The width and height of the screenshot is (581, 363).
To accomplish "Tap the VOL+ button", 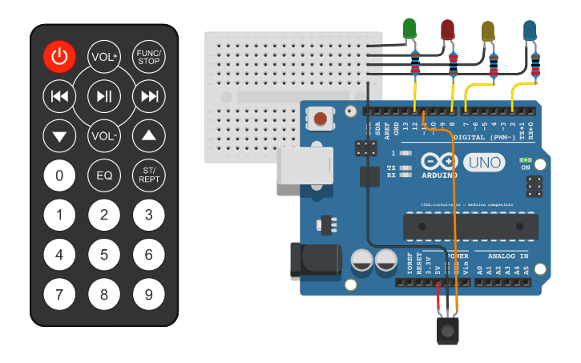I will coord(104,56).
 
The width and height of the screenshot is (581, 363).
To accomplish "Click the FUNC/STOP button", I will coord(149,56).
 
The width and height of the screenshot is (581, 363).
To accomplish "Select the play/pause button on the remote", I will coord(104,96).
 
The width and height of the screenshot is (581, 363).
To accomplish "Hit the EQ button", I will coord(104,175).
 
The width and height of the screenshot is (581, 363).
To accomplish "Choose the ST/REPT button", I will coord(149,175).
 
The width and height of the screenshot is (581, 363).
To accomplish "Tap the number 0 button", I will coord(59,175).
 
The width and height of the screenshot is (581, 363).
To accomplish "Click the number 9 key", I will coord(149,294).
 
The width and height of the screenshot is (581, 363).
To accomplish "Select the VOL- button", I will coord(104,135).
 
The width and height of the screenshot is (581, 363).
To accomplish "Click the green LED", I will coord(410,30).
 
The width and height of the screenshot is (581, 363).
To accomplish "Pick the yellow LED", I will coord(487,30).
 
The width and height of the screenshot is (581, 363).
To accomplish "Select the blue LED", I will coord(530,30).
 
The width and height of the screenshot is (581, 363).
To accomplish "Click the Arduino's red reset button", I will coord(321,119).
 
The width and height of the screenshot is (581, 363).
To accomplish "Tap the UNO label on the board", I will coord(484,163).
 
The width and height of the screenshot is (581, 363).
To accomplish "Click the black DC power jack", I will coord(309,260).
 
